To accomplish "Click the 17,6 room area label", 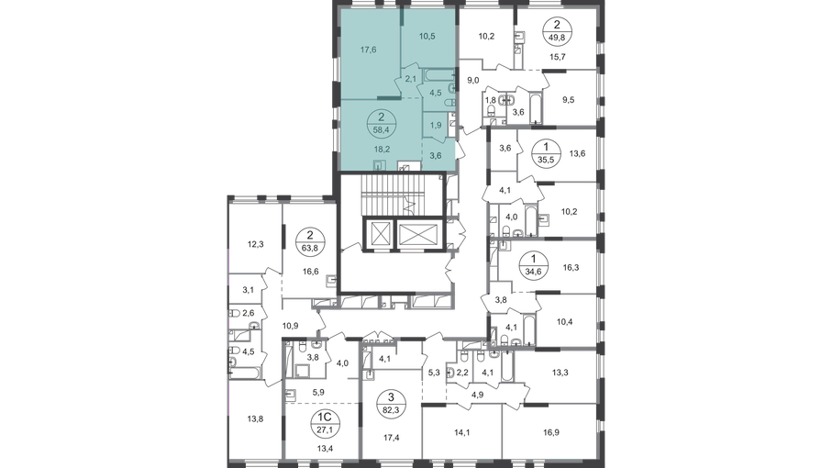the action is [x=368, y=50].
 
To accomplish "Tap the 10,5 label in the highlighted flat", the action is [x=427, y=36].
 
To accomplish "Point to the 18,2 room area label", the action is [x=382, y=149].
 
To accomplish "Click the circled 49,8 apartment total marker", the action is [x=556, y=31].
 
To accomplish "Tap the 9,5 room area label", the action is [x=568, y=99].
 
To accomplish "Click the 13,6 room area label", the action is [x=577, y=154].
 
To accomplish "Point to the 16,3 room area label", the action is [x=571, y=267].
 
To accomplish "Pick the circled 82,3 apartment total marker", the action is [x=391, y=403].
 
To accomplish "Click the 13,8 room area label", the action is [x=255, y=418].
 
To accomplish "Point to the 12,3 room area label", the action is [x=255, y=245].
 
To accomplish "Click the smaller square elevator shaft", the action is [x=381, y=233].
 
